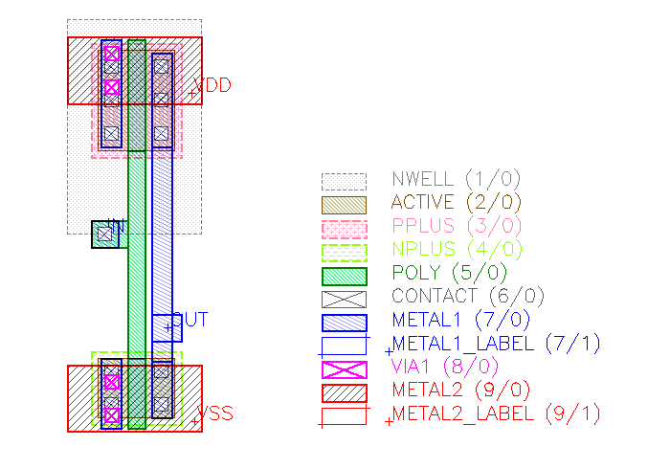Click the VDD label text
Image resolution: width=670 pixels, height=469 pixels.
[213, 86]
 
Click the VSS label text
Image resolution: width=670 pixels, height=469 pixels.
[216, 414]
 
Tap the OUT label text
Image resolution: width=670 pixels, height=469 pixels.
[190, 320]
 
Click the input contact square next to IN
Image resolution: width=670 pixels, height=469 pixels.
[104, 234]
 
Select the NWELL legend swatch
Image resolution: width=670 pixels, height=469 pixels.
[344, 181]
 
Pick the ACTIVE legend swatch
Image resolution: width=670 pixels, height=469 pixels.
[344, 204]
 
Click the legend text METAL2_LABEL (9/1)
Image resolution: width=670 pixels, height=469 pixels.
[496, 414]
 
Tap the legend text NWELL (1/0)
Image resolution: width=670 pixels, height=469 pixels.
[441, 179]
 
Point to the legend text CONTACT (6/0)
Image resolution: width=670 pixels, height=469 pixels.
[460, 297]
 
